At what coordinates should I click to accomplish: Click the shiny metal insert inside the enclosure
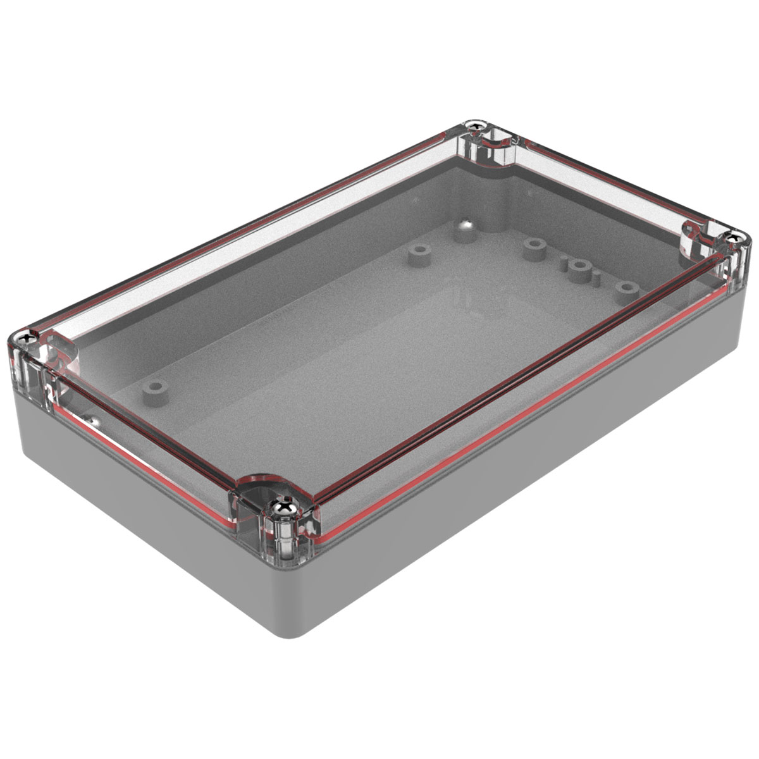(465, 224)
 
